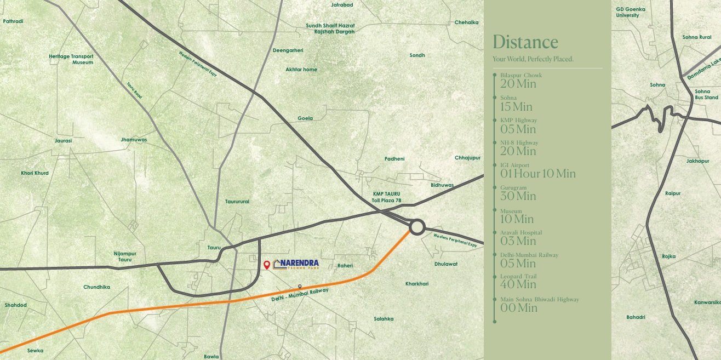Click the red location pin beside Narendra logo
pos(267,265)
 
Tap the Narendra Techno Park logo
pos(296,264)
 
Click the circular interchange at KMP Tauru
pos(417,227)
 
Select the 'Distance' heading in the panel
pos(525,42)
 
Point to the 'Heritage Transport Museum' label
pos(71,59)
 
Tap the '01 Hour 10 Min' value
pos(537,174)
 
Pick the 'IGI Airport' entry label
pos(514,165)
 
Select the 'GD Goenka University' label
pos(631,12)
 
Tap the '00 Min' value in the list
pos(518,308)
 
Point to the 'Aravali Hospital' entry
pos(520,232)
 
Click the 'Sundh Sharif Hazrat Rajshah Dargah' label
pos(330,28)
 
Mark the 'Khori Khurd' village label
pos(35,173)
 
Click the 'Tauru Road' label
pos(134,90)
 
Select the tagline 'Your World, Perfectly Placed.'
pos(533,59)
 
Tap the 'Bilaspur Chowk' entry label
pos(520,75)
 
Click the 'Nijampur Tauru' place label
pos(125,256)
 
